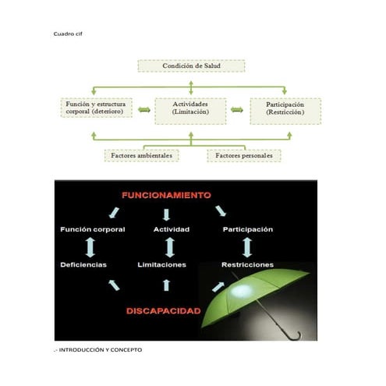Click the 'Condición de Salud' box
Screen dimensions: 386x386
(191, 66)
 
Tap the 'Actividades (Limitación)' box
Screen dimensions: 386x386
(190, 109)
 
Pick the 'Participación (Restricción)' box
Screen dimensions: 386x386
(285, 109)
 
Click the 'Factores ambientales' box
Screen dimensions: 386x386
(141, 155)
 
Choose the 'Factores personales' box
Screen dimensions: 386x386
(244, 155)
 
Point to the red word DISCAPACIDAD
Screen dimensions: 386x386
(163, 310)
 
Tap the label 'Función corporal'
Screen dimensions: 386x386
(92, 229)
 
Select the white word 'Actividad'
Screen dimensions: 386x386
(172, 229)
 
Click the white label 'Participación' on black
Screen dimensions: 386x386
(247, 229)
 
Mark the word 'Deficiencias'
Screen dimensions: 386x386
(83, 265)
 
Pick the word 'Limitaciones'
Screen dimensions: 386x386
(161, 265)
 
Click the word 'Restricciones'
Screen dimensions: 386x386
(247, 265)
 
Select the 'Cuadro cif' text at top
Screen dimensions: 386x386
(67, 35)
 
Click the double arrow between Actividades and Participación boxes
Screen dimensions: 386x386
(237, 110)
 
